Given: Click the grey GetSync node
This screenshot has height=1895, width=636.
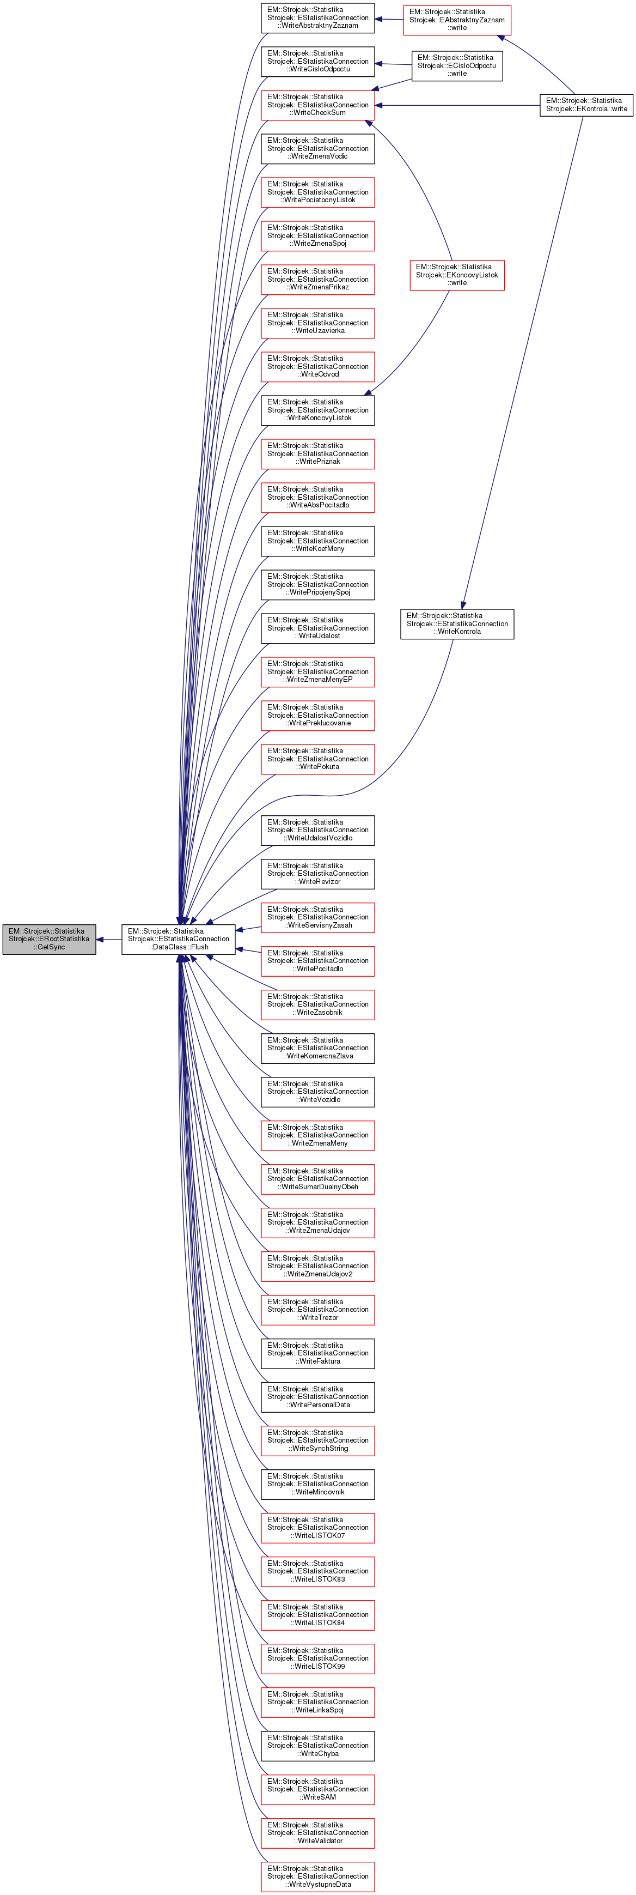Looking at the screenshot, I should click(x=49, y=940).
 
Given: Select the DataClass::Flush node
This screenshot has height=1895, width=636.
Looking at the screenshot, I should click(x=178, y=940).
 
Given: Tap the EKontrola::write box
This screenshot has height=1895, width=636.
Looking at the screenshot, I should click(x=586, y=105).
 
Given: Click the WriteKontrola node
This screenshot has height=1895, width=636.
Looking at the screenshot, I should click(x=457, y=624).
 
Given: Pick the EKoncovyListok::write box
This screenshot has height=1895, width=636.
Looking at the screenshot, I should click(x=457, y=275).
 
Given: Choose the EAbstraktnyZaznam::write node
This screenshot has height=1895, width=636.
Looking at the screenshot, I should click(x=457, y=20).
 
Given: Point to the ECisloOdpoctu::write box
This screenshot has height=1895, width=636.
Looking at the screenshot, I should click(x=457, y=65).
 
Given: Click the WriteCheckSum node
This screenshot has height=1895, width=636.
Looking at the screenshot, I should click(x=317, y=105).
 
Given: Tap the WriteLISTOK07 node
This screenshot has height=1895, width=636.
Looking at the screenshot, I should click(x=317, y=1528).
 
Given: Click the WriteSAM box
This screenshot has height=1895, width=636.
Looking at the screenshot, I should click(x=317, y=1790).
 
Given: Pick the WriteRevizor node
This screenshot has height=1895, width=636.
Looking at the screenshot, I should click(x=317, y=874).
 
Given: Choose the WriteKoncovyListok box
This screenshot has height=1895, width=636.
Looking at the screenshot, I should click(x=317, y=410).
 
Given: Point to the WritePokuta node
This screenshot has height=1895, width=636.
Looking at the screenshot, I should click(x=317, y=759).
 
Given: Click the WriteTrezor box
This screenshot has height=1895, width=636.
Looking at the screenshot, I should click(x=317, y=1310).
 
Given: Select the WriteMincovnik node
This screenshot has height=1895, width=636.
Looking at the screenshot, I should click(x=317, y=1485).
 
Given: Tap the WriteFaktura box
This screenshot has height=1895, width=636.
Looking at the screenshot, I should click(x=317, y=1354).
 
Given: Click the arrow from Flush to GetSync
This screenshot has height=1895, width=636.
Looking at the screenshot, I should click(x=109, y=940).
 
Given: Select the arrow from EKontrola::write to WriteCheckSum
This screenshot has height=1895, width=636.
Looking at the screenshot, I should click(x=456, y=105).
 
